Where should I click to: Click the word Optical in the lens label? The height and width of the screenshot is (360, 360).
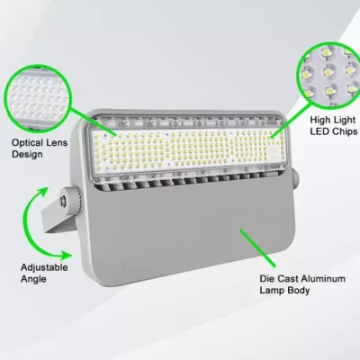27,143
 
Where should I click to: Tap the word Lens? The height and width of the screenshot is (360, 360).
57,142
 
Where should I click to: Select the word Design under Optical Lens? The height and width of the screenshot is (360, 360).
27,155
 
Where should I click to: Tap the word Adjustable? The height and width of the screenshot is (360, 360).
44,267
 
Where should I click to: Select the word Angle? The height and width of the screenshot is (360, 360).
33,279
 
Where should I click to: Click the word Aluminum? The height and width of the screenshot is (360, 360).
323,279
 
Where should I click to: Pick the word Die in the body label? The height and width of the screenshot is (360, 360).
266,279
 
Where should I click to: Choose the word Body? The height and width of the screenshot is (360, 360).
299,291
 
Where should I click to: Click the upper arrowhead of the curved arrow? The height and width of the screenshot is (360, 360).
44,192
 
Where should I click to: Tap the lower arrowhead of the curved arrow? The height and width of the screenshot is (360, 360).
67,256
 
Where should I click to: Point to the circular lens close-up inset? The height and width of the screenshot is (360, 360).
37,99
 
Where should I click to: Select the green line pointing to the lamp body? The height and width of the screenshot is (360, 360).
257,247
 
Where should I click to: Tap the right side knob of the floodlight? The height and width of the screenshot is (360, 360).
295,179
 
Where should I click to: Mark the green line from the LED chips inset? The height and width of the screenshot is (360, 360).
292,120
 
